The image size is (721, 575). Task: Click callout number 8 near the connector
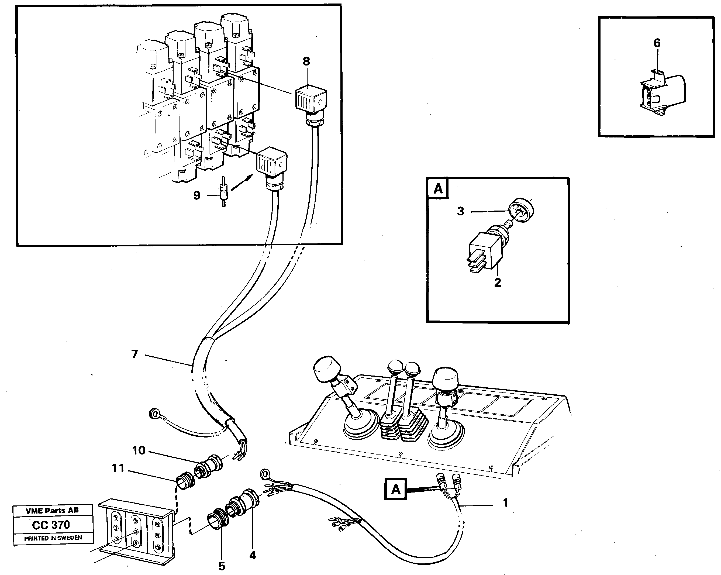pos(306,61)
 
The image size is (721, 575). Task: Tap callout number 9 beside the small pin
pos(197,196)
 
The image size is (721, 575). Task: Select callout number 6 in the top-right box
pos(657,43)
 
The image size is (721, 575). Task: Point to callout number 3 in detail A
pos(460,211)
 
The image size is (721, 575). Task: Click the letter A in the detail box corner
pos(438,189)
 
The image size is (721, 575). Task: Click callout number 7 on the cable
pos(135,354)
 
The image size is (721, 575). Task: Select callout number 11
pos(118,468)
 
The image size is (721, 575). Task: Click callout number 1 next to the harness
pos(505,502)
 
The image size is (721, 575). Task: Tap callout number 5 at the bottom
pos(222,566)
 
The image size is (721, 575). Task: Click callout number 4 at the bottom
pos(253,555)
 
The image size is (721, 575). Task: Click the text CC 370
pos(51,525)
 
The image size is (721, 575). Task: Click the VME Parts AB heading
pos(52,511)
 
